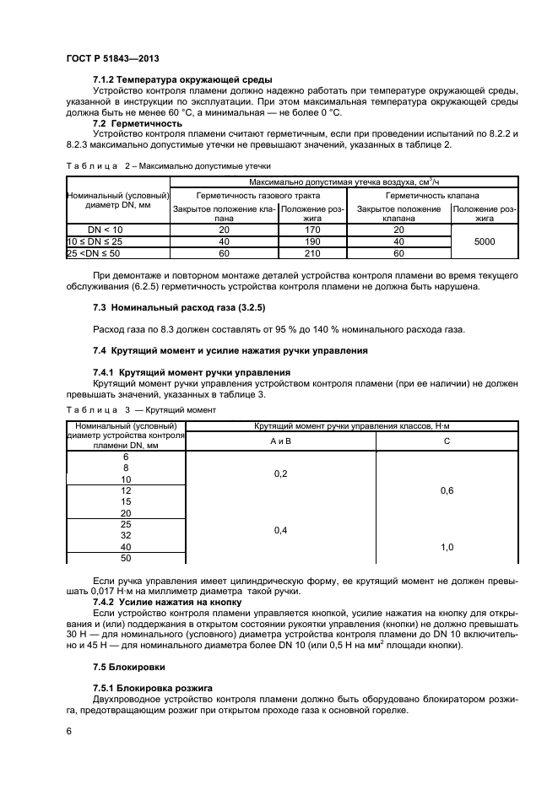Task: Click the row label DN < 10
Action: click(x=106, y=229)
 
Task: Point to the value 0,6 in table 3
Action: click(x=447, y=490)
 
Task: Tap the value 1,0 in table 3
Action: click(x=447, y=547)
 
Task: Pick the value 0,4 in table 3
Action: click(x=280, y=530)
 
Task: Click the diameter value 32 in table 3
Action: click(x=126, y=535)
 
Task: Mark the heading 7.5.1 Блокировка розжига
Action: click(x=151, y=689)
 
